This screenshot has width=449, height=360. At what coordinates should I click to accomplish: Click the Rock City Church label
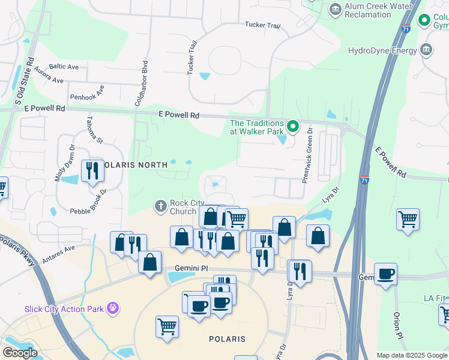tap(183, 207)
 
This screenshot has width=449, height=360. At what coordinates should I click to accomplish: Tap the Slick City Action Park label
tap(64, 309)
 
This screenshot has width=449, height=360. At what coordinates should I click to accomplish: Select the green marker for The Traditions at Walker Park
tap(293, 127)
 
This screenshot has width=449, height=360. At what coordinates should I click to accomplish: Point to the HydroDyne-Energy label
tap(382, 50)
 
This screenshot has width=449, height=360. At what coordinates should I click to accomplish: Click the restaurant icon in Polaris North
tap(92, 171)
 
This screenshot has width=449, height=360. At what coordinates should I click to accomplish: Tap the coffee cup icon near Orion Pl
tap(385, 274)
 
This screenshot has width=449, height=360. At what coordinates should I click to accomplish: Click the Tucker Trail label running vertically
tap(192, 58)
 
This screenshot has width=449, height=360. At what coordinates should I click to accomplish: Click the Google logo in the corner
tap(20, 353)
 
